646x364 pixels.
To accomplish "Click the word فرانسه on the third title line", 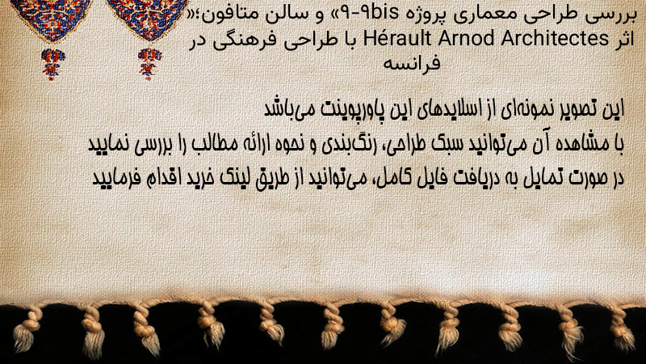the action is click(412, 63).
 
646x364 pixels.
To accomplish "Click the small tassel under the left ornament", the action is click(52, 64).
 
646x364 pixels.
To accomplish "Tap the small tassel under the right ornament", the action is click(149, 64).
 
